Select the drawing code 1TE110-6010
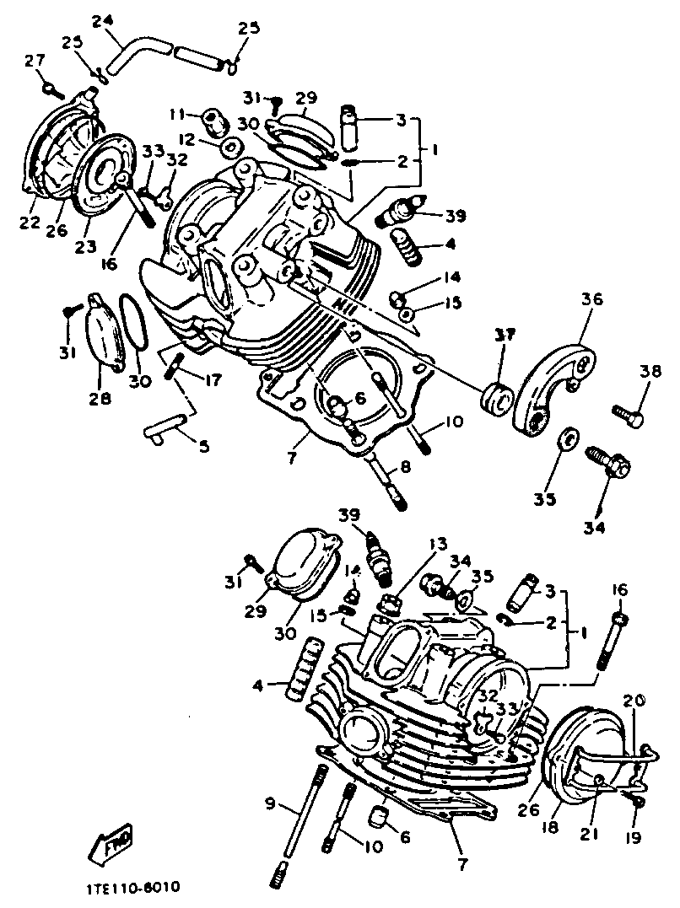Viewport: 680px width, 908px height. [132, 888]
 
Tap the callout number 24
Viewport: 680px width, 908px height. [101, 21]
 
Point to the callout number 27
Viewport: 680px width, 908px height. [33, 60]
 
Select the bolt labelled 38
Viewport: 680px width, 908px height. [629, 414]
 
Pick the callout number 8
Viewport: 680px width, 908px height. [404, 465]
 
